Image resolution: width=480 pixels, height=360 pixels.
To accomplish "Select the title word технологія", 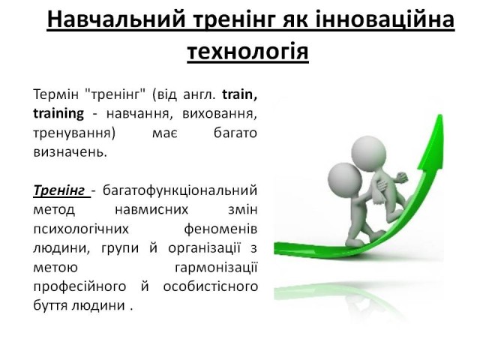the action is point(247,52).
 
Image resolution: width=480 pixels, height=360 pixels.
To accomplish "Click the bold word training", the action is point(58,113).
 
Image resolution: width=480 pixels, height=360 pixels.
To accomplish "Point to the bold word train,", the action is point(240,94).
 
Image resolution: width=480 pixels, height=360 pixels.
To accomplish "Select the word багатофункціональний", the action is point(180,190).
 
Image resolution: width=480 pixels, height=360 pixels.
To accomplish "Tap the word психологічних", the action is point(81,229).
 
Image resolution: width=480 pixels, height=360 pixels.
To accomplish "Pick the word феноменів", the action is point(220,229).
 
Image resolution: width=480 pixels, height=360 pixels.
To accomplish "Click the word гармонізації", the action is point(216,268).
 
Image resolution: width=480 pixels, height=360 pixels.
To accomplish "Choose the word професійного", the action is point(79,286).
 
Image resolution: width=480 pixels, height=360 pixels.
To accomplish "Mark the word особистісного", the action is point(210,286).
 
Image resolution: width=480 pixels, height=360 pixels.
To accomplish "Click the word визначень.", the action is point(70,152).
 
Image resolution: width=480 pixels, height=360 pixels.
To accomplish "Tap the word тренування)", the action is point(74,133).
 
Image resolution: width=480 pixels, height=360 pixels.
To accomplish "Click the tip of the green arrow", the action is point(441,115).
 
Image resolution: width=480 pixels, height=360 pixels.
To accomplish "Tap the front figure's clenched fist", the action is point(401,177).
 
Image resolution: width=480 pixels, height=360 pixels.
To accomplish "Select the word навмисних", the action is point(151,210).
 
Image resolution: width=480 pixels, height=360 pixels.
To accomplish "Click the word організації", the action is point(204,248).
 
